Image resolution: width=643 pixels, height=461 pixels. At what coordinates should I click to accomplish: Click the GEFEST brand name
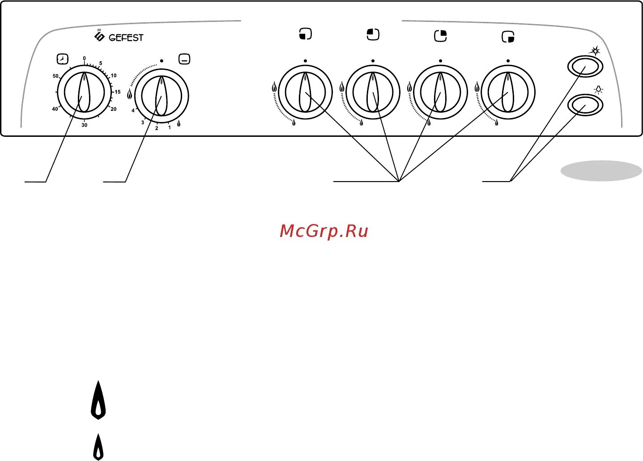pos(126,38)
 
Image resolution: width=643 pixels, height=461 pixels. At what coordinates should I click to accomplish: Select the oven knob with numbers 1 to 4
pos(161,96)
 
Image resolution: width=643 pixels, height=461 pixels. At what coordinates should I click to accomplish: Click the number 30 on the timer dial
pos(84,125)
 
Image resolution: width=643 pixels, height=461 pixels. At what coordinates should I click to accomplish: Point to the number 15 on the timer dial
pos(117,92)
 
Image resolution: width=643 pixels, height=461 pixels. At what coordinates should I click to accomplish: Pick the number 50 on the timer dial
pos(55,76)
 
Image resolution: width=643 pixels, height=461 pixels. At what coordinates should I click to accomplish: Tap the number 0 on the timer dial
pos(84,59)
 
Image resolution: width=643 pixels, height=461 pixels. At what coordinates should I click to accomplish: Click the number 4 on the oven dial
pos(133,110)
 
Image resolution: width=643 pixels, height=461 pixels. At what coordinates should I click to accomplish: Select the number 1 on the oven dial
pos(169,127)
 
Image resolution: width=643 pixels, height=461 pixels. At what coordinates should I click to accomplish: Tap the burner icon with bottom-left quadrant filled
pos(305,34)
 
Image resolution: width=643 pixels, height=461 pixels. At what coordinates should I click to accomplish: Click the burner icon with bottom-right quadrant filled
pos(508,37)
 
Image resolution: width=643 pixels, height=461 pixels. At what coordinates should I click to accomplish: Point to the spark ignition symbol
pos(595,51)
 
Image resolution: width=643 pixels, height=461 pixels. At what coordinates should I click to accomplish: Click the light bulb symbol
pos(598,90)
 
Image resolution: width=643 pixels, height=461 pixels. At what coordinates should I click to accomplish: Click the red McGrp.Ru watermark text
pos(324,231)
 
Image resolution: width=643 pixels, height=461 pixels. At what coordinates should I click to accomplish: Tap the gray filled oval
pos(601,171)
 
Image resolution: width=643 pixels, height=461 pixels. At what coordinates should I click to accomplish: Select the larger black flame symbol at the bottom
pos(98,400)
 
